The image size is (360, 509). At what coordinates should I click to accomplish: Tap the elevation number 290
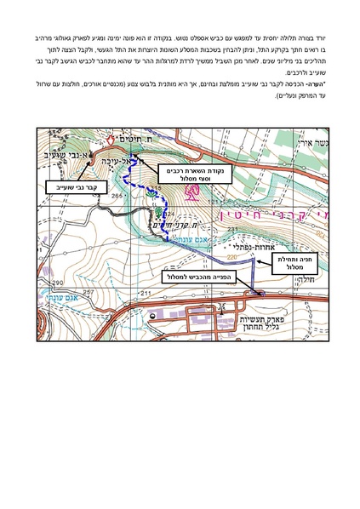(x=59, y=282)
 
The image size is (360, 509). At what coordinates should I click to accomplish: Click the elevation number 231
(x=232, y=229)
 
